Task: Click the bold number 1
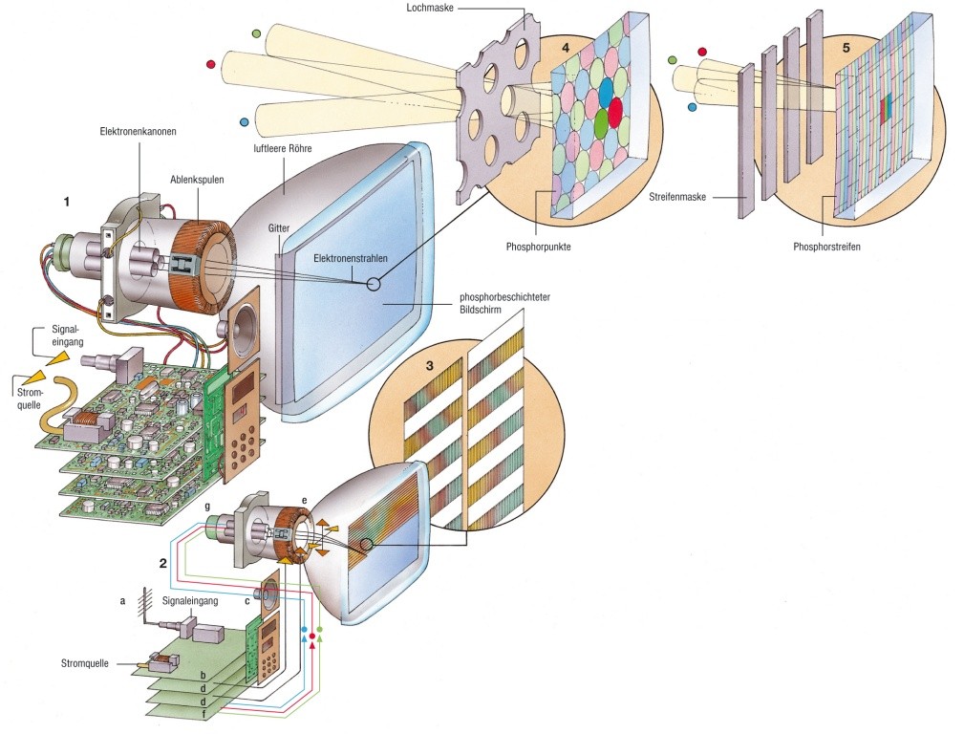(x=67, y=202)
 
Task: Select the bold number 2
(x=163, y=563)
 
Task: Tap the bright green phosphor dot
(x=601, y=123)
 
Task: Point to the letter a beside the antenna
(x=122, y=601)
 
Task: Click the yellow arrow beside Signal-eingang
(x=56, y=357)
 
